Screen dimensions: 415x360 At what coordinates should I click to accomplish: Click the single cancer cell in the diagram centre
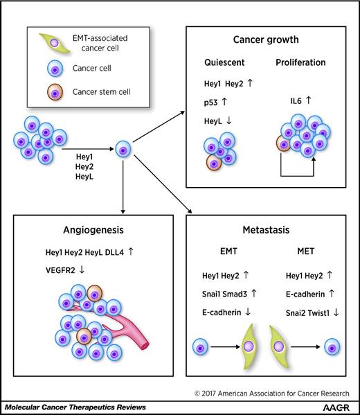tap(124, 148)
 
